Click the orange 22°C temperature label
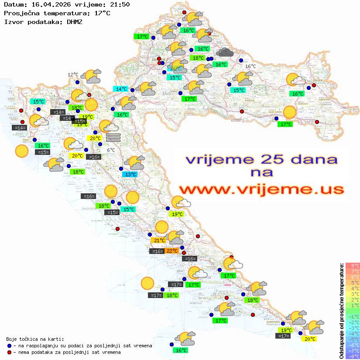tap(171, 251)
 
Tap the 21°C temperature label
tap(158, 240)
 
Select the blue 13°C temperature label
tap(130, 175)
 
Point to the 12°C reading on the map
tap(73, 75)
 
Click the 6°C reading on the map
tap(111, 150)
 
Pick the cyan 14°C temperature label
tap(121, 89)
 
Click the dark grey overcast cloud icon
tap(225, 53)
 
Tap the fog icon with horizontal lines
tap(113, 137)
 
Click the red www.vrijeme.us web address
tap(261, 189)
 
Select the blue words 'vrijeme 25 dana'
tap(261, 159)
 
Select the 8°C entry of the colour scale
tap(353, 266)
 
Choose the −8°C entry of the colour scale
tap(353, 356)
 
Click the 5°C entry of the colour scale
tap(353, 283)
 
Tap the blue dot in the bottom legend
tap(9, 346)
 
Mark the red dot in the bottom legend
tap(9, 352)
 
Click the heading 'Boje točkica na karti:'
tap(35, 339)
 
